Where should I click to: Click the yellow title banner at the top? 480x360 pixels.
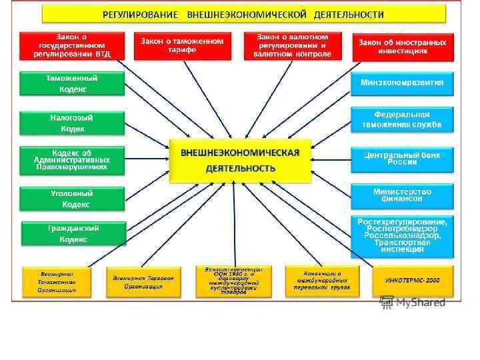(243, 13)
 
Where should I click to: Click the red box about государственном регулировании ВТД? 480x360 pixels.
(73, 45)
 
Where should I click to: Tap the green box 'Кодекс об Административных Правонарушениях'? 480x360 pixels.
(72, 161)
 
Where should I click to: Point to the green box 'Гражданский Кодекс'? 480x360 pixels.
(73, 233)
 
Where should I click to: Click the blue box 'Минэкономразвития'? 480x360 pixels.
(402, 83)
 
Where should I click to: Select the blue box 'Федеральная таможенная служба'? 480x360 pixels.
(402, 119)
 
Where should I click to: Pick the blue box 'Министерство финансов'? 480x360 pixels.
(402, 195)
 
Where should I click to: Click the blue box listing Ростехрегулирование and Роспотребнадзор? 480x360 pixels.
(402, 235)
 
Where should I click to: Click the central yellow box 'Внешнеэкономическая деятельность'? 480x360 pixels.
(240, 160)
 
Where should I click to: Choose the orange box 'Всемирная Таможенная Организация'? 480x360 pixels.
(57, 282)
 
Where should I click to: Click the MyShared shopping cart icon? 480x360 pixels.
(387, 303)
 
